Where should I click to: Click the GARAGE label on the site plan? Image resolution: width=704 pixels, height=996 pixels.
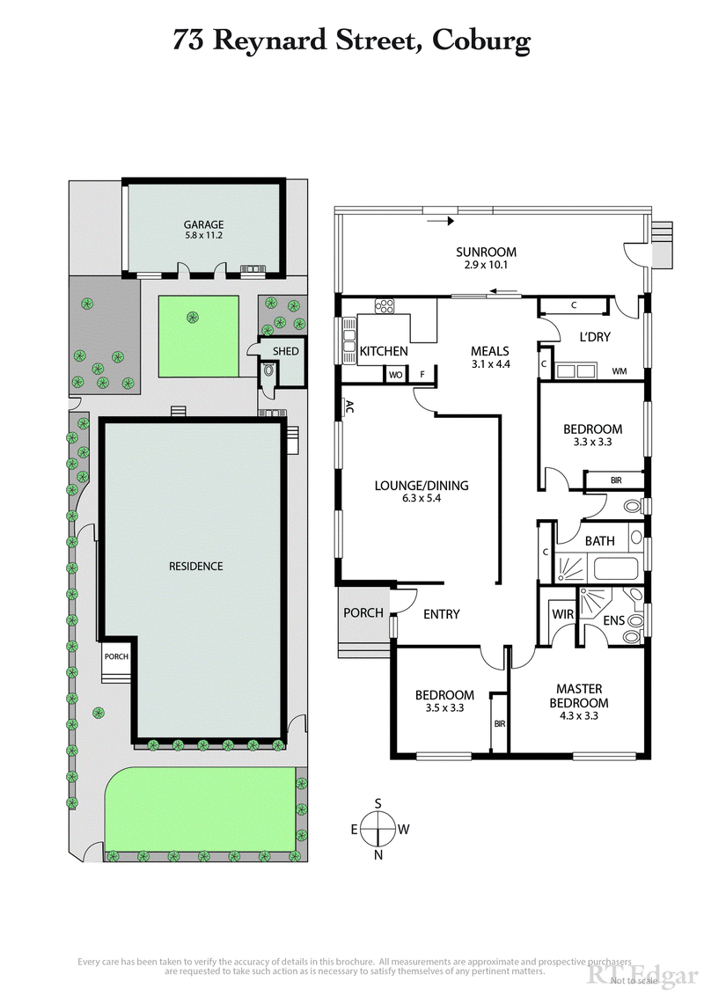[203, 224]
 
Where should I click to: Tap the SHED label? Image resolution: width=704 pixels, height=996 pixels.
[286, 351]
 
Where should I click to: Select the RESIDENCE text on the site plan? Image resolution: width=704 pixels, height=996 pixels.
[195, 566]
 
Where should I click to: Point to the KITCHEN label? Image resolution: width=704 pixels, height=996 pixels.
[384, 351]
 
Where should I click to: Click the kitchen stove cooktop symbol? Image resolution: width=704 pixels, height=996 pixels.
[385, 306]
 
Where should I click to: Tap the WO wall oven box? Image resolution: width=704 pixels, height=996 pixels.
[396, 374]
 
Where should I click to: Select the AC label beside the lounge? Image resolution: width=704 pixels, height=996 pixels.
[348, 406]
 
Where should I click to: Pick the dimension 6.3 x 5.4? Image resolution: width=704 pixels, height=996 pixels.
[422, 499]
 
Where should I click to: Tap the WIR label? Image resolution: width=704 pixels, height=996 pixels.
[561, 613]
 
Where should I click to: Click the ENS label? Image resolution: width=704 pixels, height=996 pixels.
[614, 621]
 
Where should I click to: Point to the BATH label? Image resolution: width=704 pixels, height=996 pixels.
[599, 541]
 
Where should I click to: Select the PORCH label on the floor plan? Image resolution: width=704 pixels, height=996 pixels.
[363, 612]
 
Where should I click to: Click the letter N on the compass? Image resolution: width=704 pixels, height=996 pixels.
[378, 854]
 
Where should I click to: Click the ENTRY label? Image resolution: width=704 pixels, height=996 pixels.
[441, 614]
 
